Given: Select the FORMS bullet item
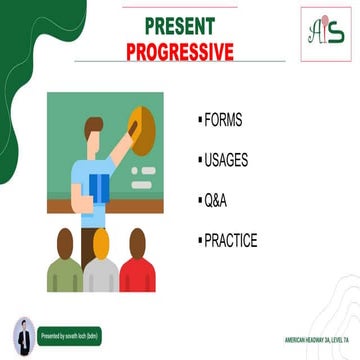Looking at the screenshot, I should [x=223, y=119].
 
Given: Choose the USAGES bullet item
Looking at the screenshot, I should [x=227, y=159].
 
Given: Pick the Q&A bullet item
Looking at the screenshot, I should [x=215, y=200].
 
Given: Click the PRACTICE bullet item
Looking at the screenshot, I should [x=231, y=240].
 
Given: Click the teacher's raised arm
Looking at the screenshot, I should [x=121, y=150].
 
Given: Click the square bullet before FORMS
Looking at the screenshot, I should [x=199, y=119].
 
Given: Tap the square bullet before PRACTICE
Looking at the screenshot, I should [x=199, y=240].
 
